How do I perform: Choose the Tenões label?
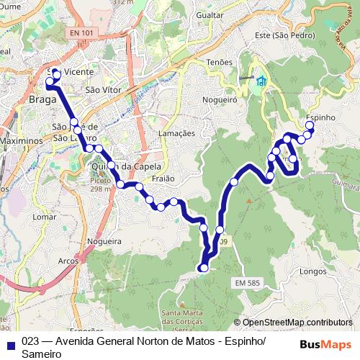(219, 63)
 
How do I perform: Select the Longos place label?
(313, 272)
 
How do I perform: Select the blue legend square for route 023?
(11, 343)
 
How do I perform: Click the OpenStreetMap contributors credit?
(292, 323)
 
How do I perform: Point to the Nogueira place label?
(104, 242)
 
